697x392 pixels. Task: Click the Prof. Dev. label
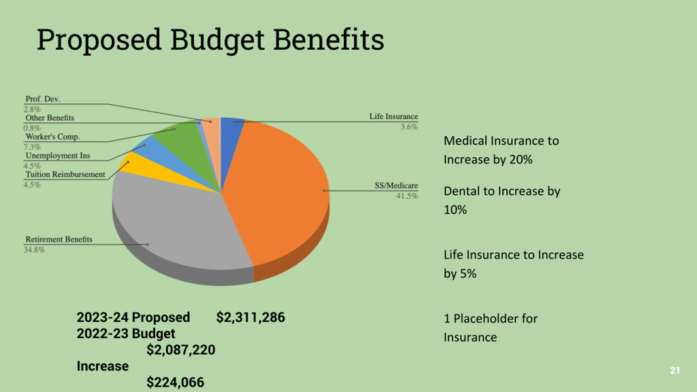tap(42, 99)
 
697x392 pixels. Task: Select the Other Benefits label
tap(50, 118)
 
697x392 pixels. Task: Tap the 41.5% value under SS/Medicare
tap(407, 196)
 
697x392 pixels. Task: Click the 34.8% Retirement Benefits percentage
tap(34, 250)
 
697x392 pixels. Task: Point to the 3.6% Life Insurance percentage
tap(409, 127)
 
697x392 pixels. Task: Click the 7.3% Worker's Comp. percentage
tap(32, 147)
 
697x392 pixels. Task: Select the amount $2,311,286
tap(250, 317)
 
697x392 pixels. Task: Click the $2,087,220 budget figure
tap(181, 350)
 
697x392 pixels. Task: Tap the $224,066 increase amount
tap(175, 382)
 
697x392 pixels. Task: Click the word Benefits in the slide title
tap(328, 40)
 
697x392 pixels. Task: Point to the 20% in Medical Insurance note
tap(521, 160)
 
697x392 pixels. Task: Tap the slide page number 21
tap(675, 370)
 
